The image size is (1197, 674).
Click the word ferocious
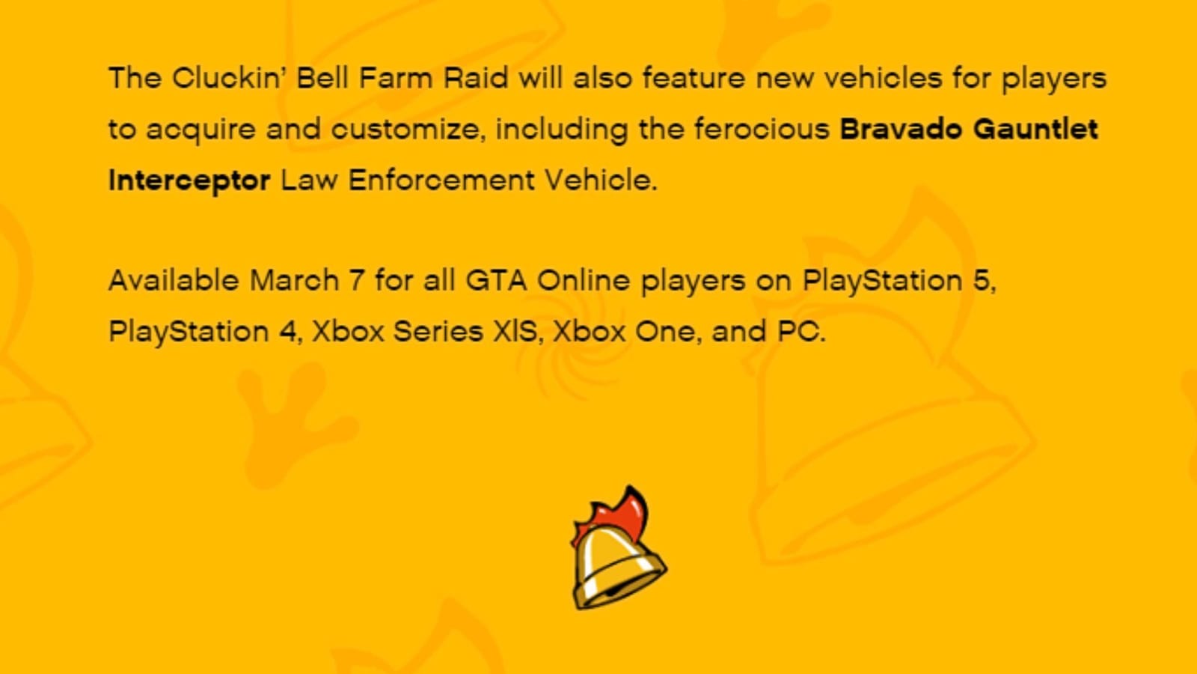coord(761,129)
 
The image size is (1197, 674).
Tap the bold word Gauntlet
coord(1035,129)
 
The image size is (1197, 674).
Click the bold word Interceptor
coord(189,180)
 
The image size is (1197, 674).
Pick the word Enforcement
coord(441,180)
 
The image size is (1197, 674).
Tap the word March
coord(294,281)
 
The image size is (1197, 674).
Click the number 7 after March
coord(357,281)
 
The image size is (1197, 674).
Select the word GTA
coord(496,281)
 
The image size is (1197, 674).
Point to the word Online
coord(584,281)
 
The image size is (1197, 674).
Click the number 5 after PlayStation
coord(981,281)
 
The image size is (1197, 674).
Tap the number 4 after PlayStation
coord(288,332)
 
